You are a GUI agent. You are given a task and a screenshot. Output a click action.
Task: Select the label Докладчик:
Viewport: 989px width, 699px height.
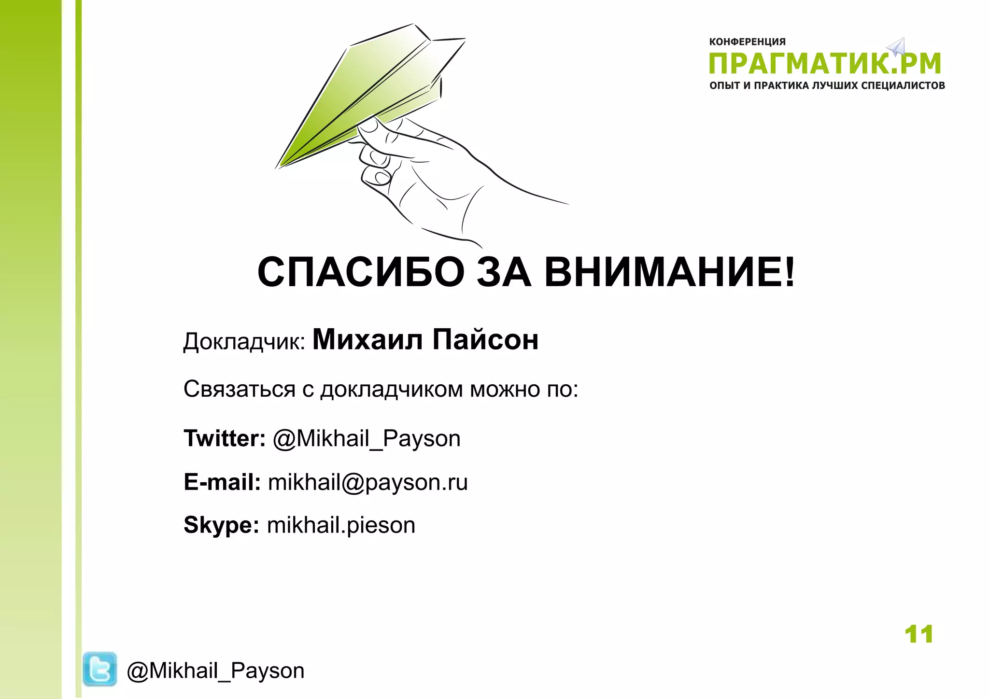coord(244,342)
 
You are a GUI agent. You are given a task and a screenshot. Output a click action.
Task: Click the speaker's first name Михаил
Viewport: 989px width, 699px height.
coord(368,339)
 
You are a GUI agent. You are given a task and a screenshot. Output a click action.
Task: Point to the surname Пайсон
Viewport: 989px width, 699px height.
coord(485,339)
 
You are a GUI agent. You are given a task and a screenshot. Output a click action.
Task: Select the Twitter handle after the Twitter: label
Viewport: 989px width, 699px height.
coord(367,439)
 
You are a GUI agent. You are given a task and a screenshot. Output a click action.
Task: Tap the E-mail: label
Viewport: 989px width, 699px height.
coord(222,482)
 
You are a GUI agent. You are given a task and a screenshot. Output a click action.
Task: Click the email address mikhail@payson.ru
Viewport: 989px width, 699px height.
coord(367,482)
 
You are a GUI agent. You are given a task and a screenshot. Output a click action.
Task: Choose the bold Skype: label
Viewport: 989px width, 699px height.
coord(221,525)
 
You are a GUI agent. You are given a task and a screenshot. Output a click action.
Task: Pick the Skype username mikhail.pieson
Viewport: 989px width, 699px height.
coord(341,525)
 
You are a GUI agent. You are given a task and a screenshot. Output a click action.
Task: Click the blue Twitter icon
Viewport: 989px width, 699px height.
coord(99,669)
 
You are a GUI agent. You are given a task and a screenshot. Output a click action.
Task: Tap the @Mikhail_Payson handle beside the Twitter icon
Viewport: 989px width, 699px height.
coord(215,671)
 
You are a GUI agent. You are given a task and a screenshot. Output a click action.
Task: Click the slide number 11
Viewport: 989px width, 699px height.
coord(918,634)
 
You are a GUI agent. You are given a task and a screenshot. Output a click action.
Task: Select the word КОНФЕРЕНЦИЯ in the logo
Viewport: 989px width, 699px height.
coord(747,42)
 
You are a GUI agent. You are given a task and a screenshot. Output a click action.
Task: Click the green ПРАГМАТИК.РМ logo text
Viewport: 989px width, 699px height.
coord(825,64)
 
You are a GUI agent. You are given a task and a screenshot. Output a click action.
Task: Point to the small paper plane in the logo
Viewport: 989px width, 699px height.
coord(896,47)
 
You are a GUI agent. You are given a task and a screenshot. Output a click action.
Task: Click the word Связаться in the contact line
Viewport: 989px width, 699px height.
coord(239,389)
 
